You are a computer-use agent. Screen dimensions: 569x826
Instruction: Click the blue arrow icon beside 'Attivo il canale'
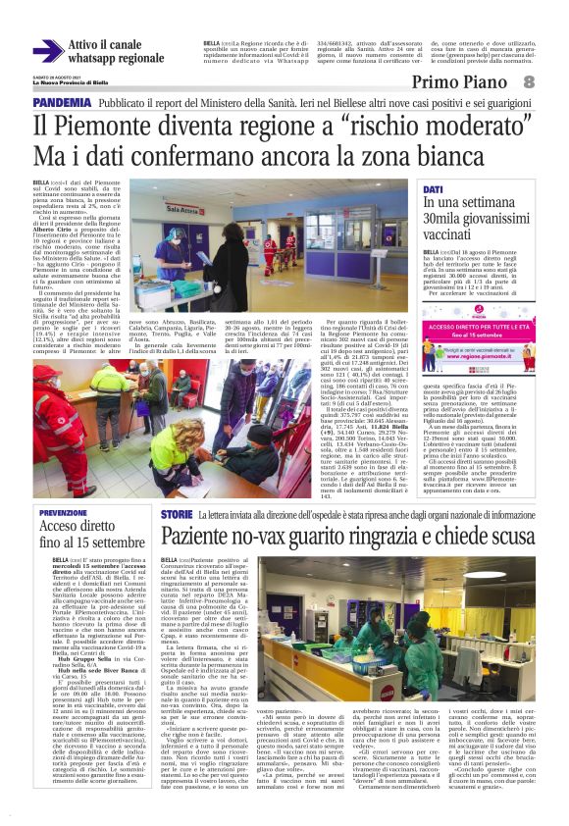coord(47,51)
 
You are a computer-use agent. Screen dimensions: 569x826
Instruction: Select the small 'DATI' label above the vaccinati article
coord(433,188)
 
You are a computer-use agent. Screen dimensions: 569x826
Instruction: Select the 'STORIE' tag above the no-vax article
coord(177,514)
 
